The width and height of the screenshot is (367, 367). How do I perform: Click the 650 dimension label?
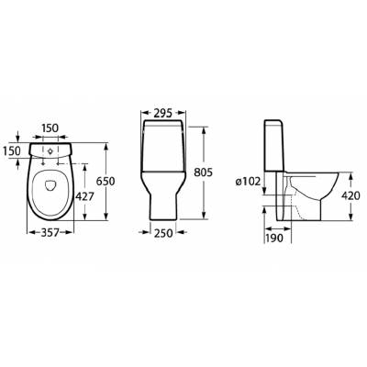(x=106, y=182)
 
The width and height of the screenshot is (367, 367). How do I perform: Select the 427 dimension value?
(x=84, y=196)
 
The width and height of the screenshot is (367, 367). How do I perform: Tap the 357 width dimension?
(x=50, y=233)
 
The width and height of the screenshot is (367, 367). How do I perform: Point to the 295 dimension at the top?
(x=163, y=113)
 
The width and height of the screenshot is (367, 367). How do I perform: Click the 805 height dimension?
(x=203, y=172)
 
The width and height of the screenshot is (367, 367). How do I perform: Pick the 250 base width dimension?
(x=163, y=233)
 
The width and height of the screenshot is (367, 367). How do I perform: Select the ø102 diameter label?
(x=248, y=182)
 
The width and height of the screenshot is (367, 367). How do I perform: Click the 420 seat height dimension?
(x=350, y=195)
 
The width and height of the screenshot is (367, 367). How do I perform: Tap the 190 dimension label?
(x=274, y=238)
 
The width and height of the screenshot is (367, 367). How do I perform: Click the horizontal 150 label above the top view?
(x=50, y=128)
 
